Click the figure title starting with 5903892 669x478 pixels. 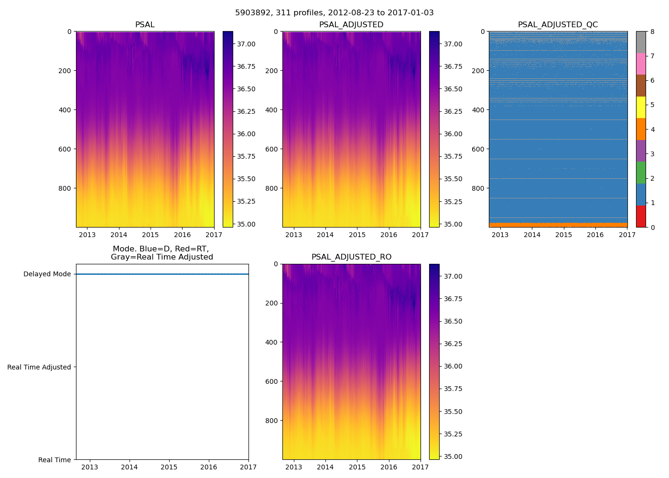click(334, 13)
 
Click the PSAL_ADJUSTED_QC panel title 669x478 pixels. click(558, 25)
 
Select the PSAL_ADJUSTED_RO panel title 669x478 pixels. click(351, 257)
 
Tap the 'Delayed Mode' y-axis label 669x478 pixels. click(47, 274)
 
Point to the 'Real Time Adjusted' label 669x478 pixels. click(39, 367)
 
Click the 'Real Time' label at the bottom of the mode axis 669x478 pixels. click(54, 460)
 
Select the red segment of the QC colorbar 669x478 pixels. click(641, 217)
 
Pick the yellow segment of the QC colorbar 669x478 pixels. click(641, 108)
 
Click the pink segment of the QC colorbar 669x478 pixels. click(641, 64)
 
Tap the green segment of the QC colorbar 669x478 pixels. click(641, 173)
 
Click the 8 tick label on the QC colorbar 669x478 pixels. click(652, 32)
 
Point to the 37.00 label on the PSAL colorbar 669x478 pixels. click(246, 44)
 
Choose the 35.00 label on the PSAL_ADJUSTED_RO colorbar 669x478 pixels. click(453, 456)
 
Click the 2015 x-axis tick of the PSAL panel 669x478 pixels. click(151, 235)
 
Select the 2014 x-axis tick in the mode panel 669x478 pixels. click(129, 467)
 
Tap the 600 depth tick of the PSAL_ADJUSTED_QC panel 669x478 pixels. click(479, 149)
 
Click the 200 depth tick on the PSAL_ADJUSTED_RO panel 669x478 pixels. click(272, 303)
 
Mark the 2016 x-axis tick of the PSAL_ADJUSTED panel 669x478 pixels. click(388, 235)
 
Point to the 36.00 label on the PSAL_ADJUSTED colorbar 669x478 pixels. click(453, 134)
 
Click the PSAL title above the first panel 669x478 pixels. click(145, 25)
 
